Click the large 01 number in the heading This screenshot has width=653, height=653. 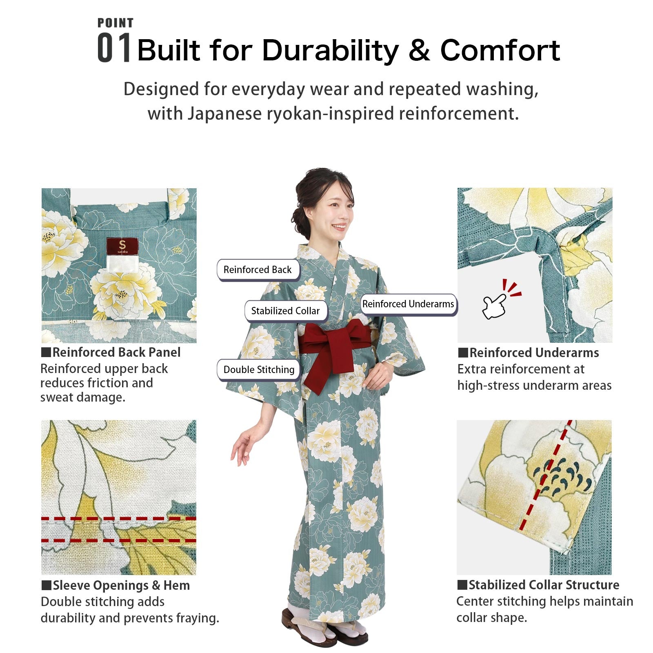click(x=114, y=49)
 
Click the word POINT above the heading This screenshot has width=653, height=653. click(x=115, y=23)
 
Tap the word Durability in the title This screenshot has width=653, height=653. click(x=330, y=50)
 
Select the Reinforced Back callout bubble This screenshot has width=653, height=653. click(x=258, y=270)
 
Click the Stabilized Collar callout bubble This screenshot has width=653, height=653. click(x=285, y=311)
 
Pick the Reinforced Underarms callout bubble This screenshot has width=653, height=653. click(x=408, y=304)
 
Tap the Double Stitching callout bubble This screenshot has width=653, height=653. click(x=259, y=370)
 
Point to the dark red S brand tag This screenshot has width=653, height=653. click(x=122, y=246)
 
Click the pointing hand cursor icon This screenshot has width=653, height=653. click(x=495, y=306)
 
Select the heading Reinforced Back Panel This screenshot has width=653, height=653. click(x=116, y=352)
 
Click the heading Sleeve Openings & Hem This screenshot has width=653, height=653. click(x=121, y=585)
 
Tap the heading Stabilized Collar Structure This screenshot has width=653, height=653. click(x=543, y=585)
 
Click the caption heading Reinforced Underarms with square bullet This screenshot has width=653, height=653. click(x=534, y=353)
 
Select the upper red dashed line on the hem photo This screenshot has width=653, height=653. click(x=118, y=519)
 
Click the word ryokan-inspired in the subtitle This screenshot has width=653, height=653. click(x=331, y=114)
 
